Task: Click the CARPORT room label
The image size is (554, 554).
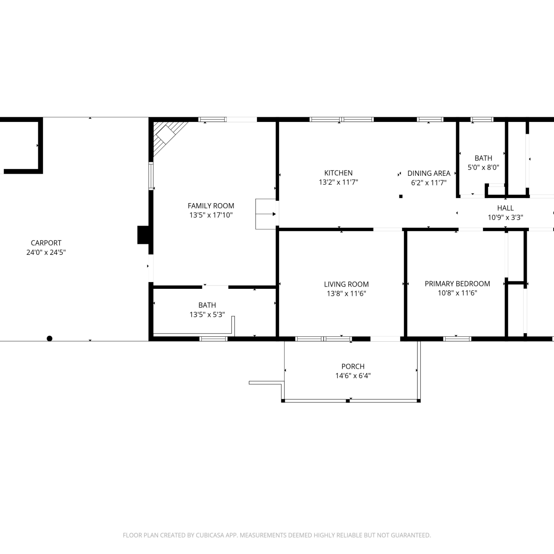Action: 46,243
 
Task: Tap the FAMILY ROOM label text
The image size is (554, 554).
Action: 211,206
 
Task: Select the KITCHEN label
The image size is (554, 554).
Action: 338,173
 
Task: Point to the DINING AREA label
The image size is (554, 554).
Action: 429,173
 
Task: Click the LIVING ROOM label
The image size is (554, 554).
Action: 346,284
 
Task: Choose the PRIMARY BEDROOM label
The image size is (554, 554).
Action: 457,284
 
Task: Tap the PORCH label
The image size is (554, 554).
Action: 353,366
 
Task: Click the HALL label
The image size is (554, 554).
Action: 505,208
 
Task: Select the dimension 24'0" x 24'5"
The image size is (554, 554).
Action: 46,252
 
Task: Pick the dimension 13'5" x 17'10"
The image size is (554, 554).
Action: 211,215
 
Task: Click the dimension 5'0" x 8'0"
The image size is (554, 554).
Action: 483,167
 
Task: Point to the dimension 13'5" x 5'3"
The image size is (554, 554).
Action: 207,315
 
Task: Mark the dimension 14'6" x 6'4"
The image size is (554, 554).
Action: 353,376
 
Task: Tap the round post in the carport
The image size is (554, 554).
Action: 49,338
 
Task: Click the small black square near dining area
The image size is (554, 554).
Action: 401,196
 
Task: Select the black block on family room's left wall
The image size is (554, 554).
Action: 143,235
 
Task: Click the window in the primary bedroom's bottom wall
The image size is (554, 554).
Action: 457,339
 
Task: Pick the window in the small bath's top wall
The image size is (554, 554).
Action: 482,120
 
